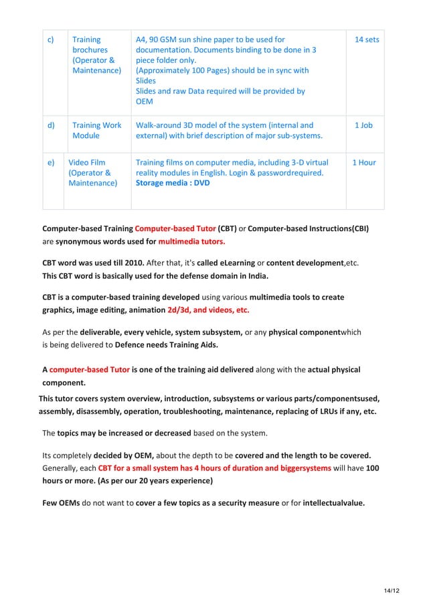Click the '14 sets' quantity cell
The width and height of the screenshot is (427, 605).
click(x=366, y=40)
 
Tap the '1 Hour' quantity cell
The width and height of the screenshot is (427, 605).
click(x=363, y=163)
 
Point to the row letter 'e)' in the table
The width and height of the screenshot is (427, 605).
click(x=50, y=163)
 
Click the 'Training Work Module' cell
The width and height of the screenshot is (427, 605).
click(x=96, y=131)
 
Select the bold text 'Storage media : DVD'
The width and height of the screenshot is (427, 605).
click(x=172, y=183)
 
